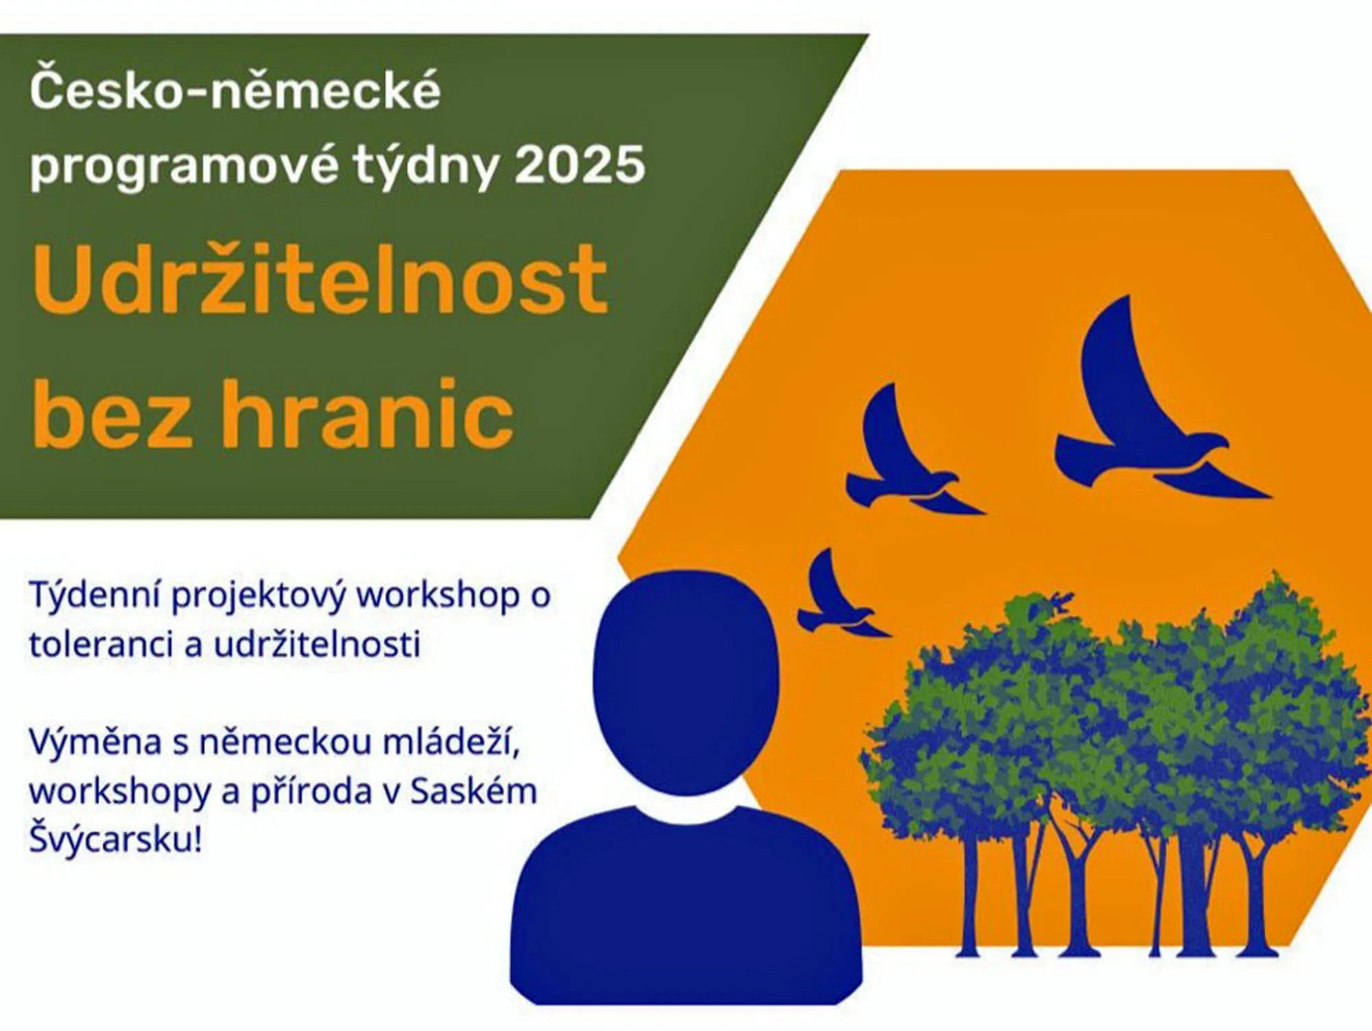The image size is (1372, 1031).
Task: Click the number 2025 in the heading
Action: [x=580, y=165]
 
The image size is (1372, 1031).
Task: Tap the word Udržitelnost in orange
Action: [x=320, y=279]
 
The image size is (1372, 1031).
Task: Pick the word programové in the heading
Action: [x=184, y=167]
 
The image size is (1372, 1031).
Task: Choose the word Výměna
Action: [x=95, y=742]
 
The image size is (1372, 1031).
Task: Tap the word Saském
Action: [x=473, y=791]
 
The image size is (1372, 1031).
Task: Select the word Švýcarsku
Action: [x=115, y=839]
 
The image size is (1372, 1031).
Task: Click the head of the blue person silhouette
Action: [x=686, y=683]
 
